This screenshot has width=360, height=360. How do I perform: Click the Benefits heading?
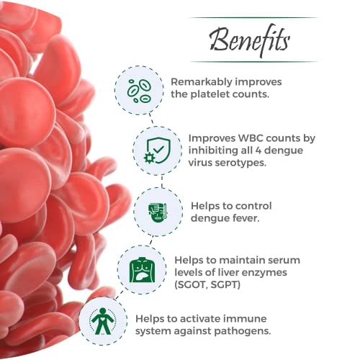tap(250, 40)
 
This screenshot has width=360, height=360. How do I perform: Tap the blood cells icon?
tap(139, 91)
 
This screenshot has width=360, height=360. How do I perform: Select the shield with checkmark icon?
tap(157, 150)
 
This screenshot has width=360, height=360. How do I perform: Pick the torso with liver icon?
tap(142, 269)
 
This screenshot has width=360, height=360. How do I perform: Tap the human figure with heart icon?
tap(102, 321)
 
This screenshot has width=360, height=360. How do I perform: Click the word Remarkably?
tap(201, 82)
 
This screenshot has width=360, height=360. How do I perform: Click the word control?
tap(253, 206)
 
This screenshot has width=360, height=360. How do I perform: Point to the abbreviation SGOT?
tap(191, 285)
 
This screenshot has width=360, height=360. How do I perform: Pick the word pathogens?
tap(243, 331)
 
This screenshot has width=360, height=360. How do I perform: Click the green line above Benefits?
tap(253, 17)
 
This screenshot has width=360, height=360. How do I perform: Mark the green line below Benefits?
tap(253, 62)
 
